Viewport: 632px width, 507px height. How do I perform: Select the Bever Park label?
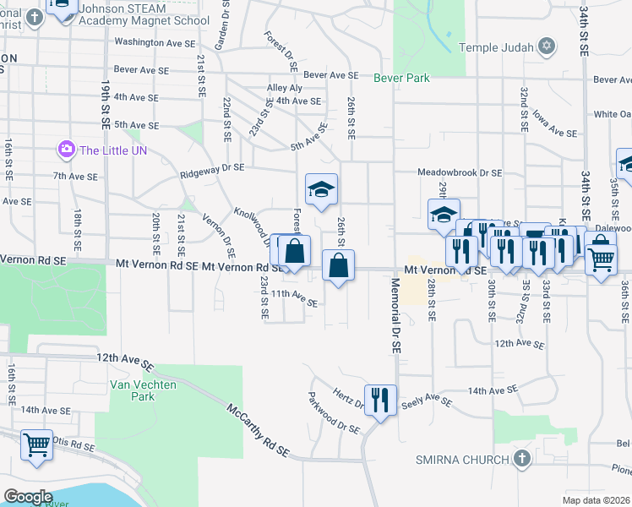coord(401,79)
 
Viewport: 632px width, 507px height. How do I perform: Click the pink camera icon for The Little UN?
coord(65,150)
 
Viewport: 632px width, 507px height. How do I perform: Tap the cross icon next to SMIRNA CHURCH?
coord(521,459)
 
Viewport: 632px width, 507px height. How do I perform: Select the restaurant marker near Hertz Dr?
coord(380,399)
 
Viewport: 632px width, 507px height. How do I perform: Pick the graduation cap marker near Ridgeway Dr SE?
coord(321,190)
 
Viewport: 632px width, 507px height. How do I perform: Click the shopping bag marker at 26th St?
coord(338,266)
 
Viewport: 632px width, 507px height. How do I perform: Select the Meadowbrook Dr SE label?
coord(460,172)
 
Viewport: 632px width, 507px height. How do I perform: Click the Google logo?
coord(27,496)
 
